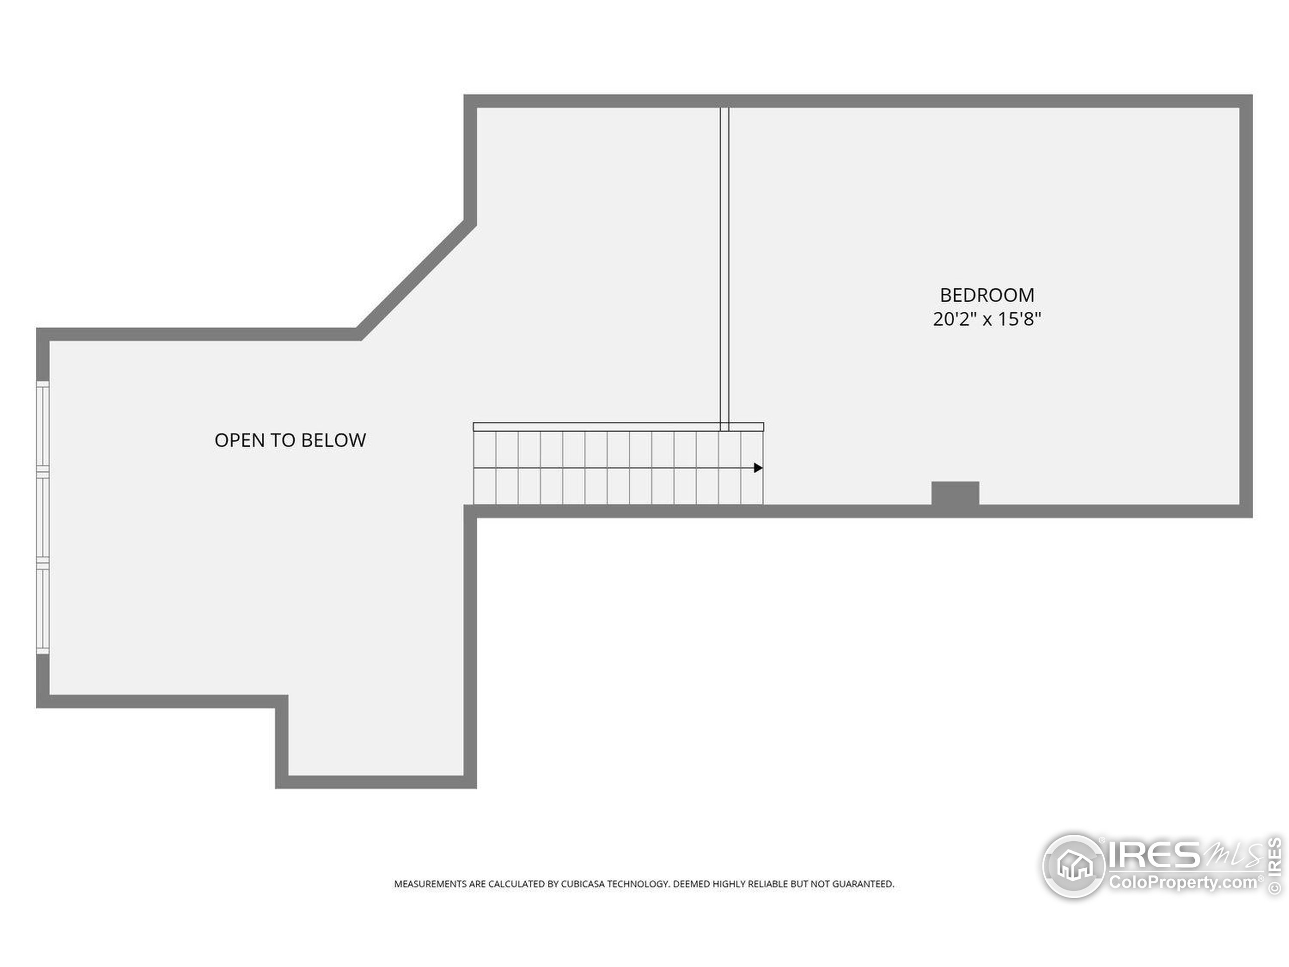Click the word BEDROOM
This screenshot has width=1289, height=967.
(987, 295)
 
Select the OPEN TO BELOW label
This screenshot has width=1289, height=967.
(290, 440)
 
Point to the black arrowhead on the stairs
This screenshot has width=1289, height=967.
(758, 467)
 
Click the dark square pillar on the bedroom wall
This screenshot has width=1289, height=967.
(955, 493)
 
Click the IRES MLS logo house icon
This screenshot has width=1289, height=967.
(1073, 866)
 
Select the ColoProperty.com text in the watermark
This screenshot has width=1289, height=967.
(1183, 882)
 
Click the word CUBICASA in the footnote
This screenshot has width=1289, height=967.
(583, 884)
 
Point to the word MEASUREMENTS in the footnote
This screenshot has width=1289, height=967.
(431, 884)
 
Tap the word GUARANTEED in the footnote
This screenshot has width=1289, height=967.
(863, 884)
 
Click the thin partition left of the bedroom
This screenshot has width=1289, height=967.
(725, 269)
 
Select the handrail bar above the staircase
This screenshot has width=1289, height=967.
(618, 427)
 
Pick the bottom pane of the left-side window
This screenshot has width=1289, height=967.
(42, 609)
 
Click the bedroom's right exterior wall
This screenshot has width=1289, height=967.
(1246, 306)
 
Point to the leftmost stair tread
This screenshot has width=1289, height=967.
(485, 467)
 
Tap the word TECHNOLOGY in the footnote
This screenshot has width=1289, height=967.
(638, 884)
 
